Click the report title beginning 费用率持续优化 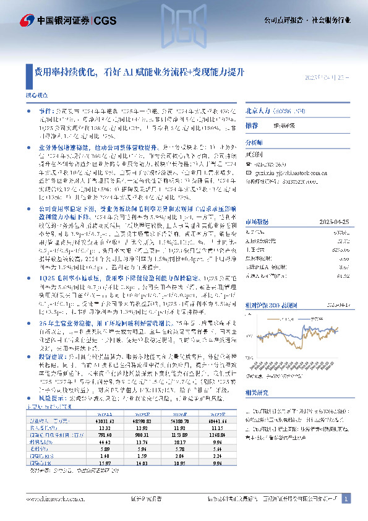pos(139,72)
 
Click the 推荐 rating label pos(252,124)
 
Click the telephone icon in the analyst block pos(249,163)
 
